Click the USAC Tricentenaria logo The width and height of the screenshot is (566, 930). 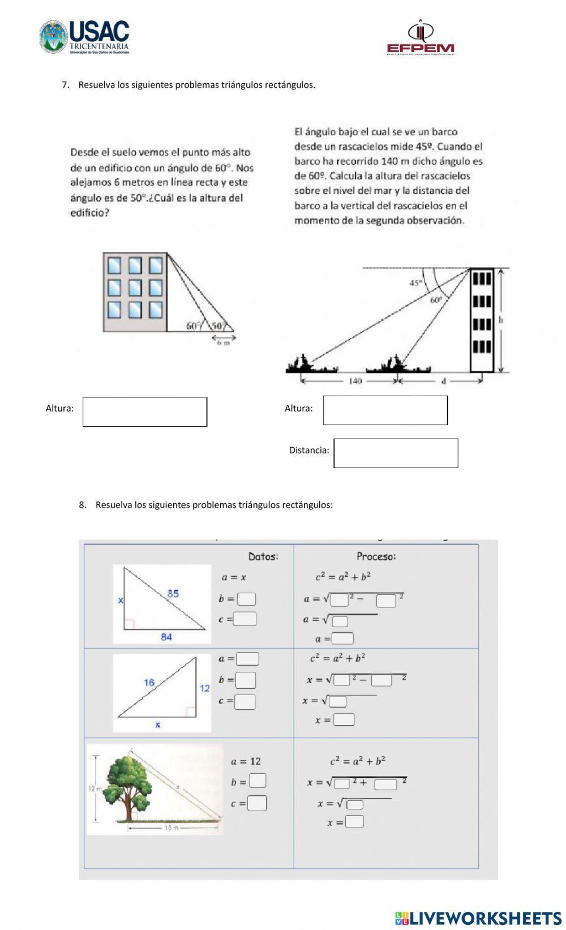point(85,37)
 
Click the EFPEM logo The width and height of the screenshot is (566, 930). point(420,39)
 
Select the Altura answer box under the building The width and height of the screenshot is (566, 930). point(145,412)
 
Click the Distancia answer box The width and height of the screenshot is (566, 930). point(396,453)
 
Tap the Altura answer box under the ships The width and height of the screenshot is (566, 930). point(385,410)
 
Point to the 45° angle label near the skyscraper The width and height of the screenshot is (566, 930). point(416,282)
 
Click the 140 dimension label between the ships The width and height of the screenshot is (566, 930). point(355,381)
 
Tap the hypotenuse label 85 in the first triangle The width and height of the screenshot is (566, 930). point(173,593)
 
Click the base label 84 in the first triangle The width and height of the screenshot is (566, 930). point(166,637)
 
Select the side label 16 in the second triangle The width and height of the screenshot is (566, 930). point(148,682)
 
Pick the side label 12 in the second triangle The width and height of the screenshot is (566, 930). point(204,688)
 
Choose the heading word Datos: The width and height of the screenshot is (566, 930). point(263,556)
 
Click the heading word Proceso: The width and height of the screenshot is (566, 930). point(376,556)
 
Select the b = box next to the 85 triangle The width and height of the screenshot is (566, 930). point(246,599)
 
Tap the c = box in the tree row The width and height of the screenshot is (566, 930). point(257,803)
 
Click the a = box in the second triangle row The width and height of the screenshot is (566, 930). point(247,659)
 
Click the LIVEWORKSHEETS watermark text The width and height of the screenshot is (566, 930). point(485,918)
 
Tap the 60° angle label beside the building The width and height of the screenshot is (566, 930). point(194,325)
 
